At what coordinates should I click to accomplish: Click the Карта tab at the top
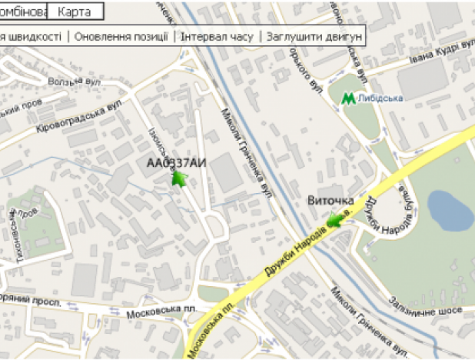click(79, 12)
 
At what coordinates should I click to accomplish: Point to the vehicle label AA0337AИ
click(177, 162)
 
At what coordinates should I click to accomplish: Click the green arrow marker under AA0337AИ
click(179, 180)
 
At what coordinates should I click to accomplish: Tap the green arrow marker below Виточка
click(335, 222)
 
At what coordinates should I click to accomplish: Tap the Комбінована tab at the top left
click(23, 12)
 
